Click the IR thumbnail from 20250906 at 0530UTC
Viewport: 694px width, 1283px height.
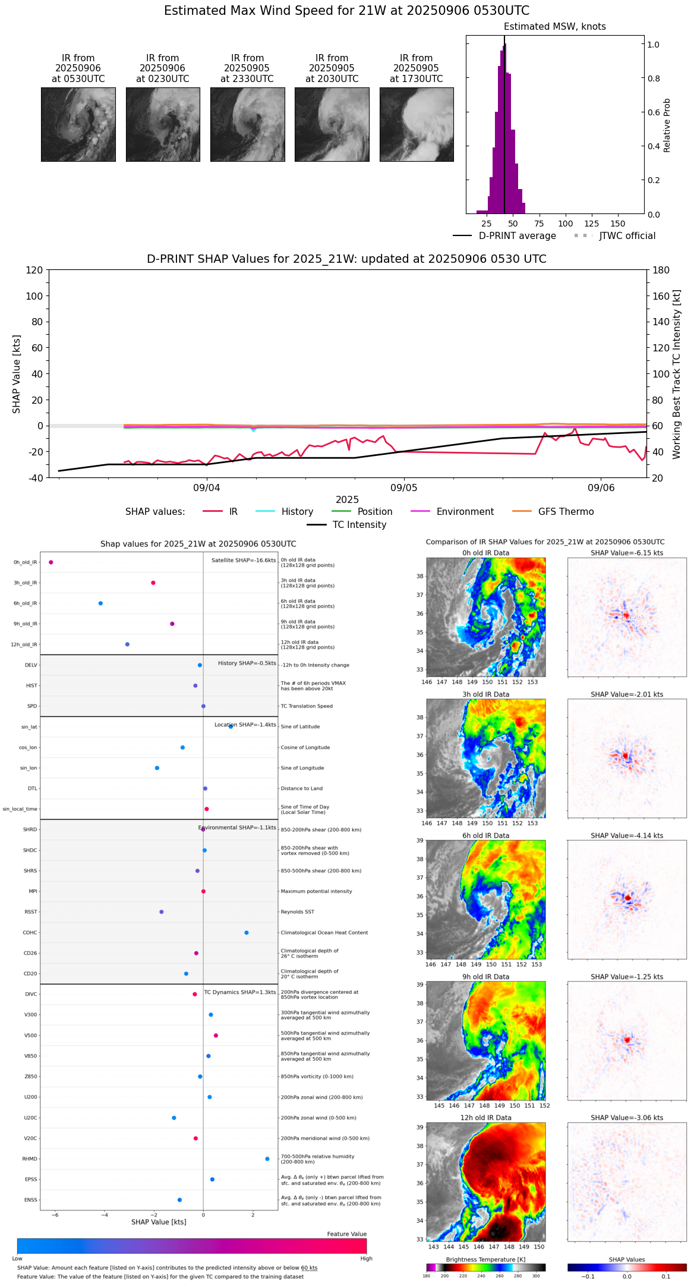pos(78,124)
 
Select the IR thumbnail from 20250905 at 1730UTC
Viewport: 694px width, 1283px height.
pos(417,124)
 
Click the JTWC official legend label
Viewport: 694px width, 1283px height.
pos(627,236)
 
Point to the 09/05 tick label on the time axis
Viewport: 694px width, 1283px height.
pos(403,488)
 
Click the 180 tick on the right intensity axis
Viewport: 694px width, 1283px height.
pos(661,270)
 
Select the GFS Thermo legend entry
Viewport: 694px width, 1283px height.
pos(566,512)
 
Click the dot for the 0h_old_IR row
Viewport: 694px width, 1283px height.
pos(51,562)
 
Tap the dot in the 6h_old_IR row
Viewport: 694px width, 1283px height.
pos(100,603)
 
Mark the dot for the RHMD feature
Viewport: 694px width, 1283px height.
pos(267,1159)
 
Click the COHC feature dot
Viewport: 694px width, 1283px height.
pos(247,933)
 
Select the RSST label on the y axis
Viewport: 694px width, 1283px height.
pos(31,912)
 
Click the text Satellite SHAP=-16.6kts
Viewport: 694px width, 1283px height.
pos(244,561)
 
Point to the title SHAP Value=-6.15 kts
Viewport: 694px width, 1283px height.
pos(627,553)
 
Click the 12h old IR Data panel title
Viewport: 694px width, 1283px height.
pos(485,1118)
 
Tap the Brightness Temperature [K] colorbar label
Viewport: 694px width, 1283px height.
pos(485,1259)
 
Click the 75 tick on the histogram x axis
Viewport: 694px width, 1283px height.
pos(539,224)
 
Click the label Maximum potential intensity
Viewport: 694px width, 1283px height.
pos(316,891)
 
